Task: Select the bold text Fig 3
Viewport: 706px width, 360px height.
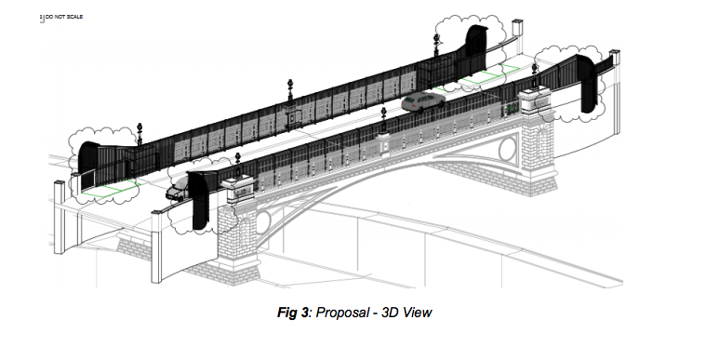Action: coord(295,312)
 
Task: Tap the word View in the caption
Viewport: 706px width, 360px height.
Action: coord(416,312)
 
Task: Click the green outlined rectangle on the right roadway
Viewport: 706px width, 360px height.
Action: coord(503,73)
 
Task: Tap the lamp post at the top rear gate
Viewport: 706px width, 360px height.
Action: coord(435,42)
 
